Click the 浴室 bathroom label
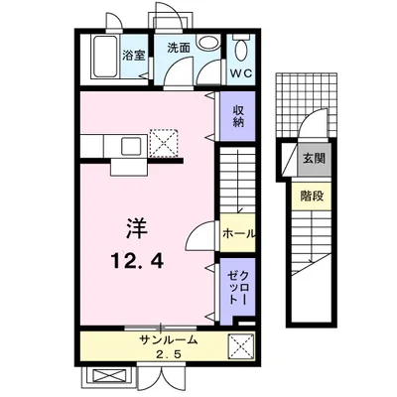pos(134,56)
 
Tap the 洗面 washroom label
pos(179,48)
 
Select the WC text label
pos(241,73)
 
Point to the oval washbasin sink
pos(208,43)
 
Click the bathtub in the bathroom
pos(104,57)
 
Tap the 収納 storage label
pos(238,116)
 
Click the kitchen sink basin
pos(132,146)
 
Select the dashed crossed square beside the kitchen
pos(164,143)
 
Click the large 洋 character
pos(137,229)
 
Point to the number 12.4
pos(137,260)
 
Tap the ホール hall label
pos(239,233)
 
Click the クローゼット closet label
pos(238,287)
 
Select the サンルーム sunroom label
pos(169,340)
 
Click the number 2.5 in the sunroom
pos(169,354)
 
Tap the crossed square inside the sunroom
pos(242,346)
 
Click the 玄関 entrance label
pos(314,159)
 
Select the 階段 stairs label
pos(312,197)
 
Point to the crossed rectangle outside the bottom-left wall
pos(107,376)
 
